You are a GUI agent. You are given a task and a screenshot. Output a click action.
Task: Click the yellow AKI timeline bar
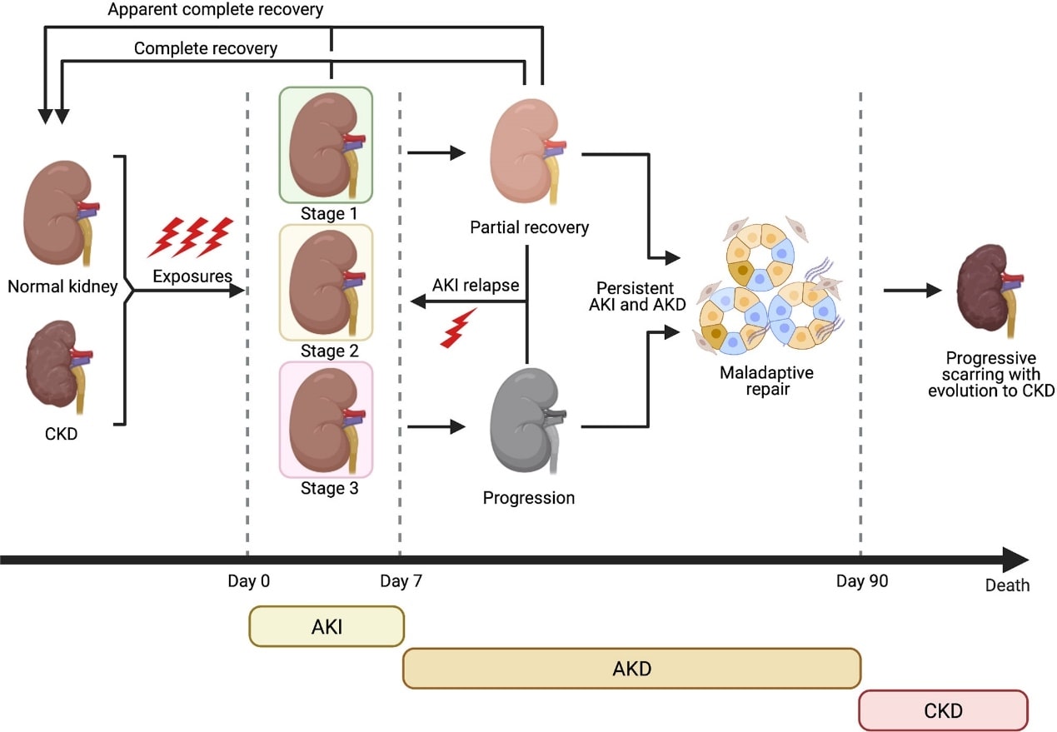[327, 626]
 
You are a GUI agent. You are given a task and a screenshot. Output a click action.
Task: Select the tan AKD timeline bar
[631, 668]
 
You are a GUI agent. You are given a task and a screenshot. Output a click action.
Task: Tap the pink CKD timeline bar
[943, 710]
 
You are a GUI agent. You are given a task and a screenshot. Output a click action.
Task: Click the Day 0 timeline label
[248, 580]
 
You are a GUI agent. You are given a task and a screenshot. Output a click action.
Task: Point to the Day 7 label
[401, 580]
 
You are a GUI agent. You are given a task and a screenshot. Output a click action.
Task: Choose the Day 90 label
[862, 580]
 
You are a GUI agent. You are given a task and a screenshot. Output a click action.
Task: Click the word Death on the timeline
[1007, 585]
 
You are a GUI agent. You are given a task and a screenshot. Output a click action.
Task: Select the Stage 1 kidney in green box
[326, 144]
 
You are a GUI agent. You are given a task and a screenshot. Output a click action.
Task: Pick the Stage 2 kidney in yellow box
[326, 282]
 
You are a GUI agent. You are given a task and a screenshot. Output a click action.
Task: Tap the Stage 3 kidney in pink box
[326, 419]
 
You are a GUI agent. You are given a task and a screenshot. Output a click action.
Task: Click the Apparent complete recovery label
[216, 11]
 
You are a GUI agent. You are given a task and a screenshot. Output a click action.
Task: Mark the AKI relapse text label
[476, 285]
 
